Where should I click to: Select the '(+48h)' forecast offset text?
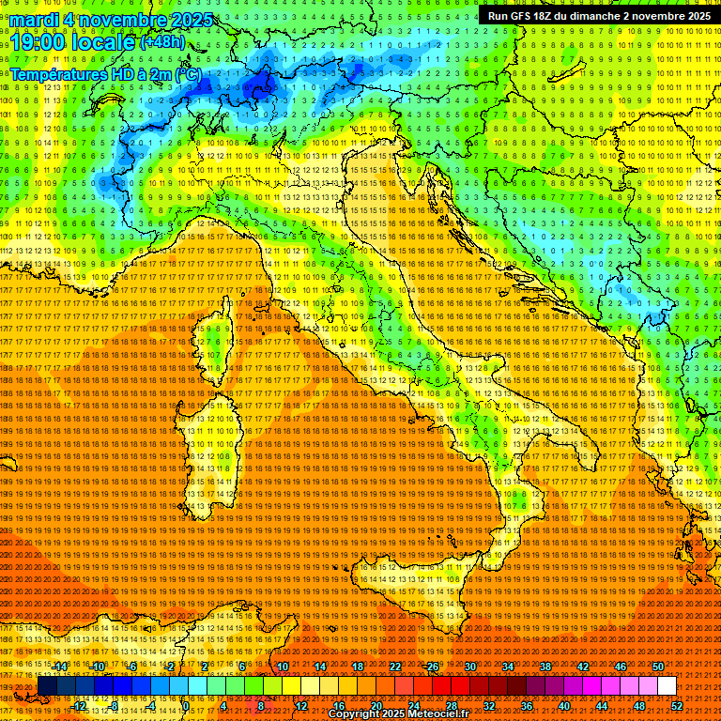point(162,42)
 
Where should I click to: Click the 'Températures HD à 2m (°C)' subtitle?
point(105,73)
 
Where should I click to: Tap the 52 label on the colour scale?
point(677,705)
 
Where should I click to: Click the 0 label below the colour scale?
point(187,705)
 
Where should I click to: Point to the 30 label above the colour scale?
point(470,667)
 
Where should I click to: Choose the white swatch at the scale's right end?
point(667,686)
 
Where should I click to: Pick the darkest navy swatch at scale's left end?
point(47,686)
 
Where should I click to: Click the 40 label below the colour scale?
point(564,705)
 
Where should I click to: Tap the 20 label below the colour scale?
point(376,705)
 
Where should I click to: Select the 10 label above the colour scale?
point(283,667)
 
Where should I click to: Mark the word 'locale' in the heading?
point(103,42)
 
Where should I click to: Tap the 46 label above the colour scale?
point(620,667)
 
